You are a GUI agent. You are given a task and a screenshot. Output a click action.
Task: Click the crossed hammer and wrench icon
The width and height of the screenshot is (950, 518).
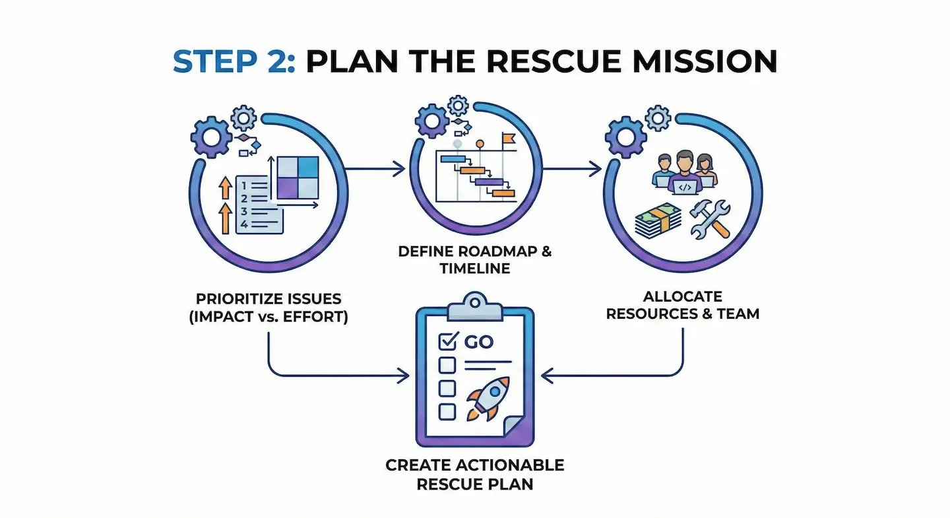click(709, 219)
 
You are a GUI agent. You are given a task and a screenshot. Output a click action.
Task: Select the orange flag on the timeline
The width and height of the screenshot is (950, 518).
click(508, 139)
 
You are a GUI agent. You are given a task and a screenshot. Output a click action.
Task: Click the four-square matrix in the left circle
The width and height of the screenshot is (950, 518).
click(296, 177)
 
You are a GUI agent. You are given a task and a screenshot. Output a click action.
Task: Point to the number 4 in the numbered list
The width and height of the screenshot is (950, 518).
click(245, 225)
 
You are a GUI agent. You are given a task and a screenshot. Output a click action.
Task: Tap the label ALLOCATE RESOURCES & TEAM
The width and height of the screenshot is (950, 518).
click(682, 305)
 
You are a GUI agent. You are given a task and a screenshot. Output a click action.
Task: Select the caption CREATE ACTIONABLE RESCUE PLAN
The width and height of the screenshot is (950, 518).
click(474, 474)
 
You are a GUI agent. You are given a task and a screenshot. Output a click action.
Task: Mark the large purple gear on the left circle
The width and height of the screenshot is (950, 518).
click(211, 136)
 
